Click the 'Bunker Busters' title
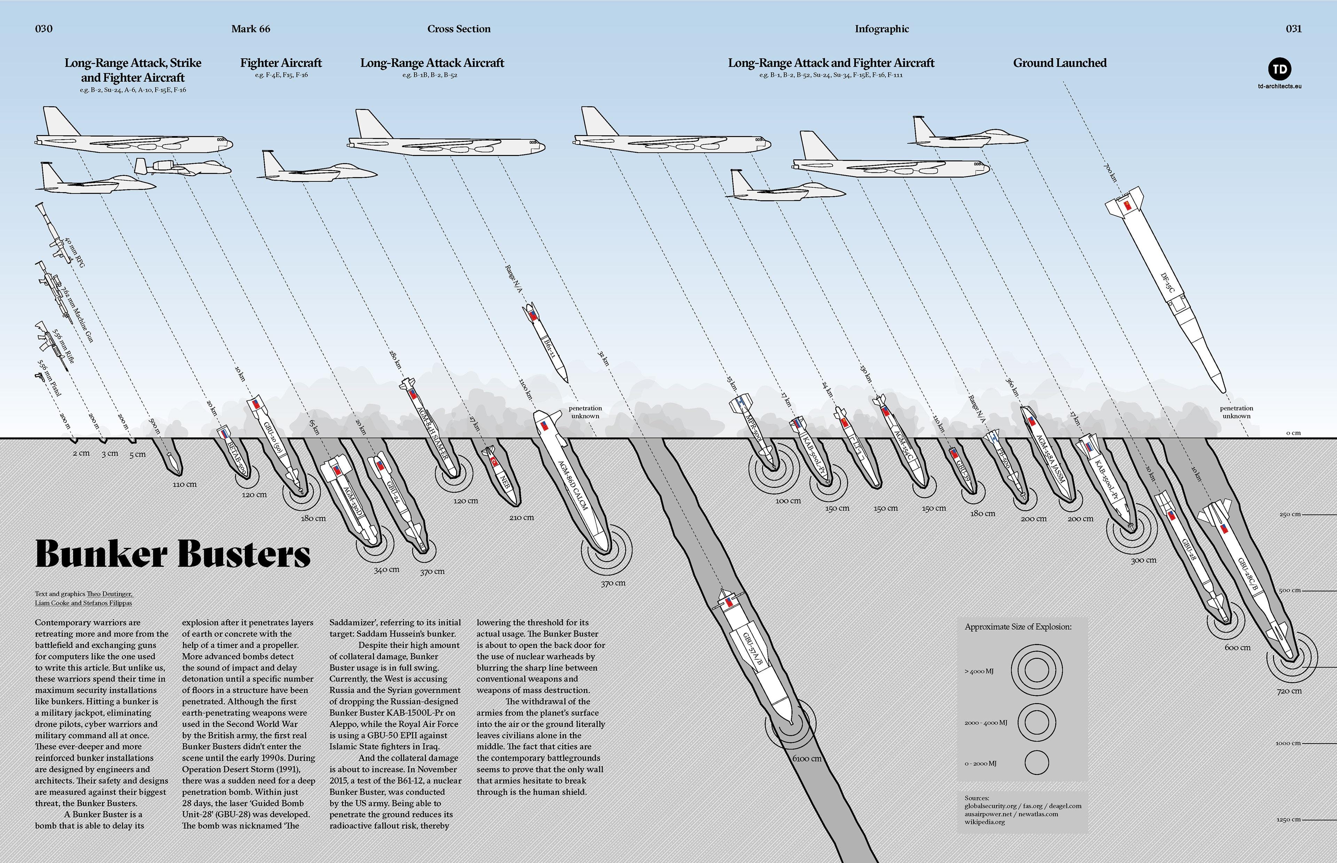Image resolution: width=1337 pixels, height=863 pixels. [x=173, y=554]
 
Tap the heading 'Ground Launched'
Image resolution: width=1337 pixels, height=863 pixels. [x=1059, y=63]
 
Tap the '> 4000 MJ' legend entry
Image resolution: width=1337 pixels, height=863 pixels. [x=979, y=671]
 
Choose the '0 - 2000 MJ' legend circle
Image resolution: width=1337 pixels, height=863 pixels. [x=1036, y=763]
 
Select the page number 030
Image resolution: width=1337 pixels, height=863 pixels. [x=44, y=29]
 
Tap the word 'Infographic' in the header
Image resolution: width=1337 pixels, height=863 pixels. [x=882, y=29]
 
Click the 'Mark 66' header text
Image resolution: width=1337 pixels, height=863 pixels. [x=250, y=29]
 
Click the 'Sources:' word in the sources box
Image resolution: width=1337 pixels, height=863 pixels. [x=977, y=798]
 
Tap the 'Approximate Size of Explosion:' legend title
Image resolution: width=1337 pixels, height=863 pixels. [x=1018, y=627]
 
